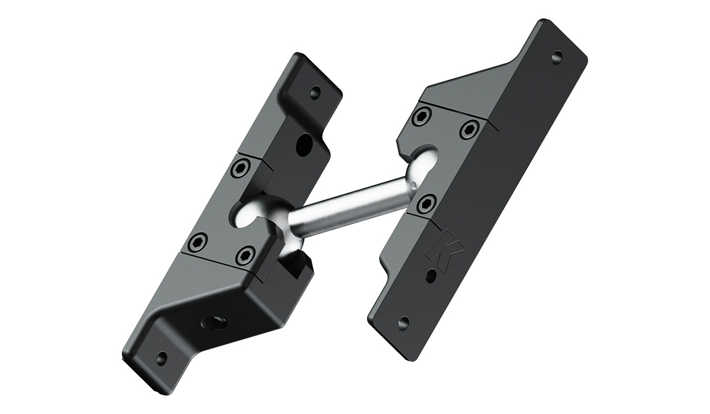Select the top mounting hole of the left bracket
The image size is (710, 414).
pyautogui.click(x=315, y=92)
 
